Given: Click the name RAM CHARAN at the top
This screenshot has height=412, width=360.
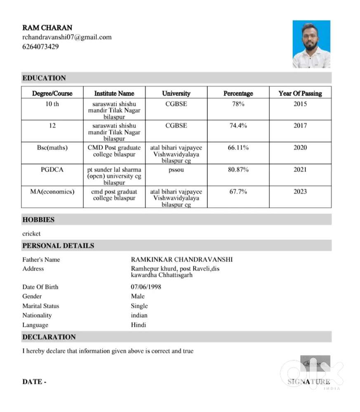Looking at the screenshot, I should coord(47,28).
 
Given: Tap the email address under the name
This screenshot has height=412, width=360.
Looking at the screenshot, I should coord(67,37).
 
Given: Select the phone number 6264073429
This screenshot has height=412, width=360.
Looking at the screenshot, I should coord(40,47).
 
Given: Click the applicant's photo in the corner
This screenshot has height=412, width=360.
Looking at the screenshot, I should coord(311,44).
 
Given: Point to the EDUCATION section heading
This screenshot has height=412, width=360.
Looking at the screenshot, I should coord(44,78).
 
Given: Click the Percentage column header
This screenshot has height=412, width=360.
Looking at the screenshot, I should coord(238,94).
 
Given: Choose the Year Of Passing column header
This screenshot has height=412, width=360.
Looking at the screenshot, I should coord(300,94).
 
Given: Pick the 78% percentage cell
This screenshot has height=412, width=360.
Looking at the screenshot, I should coord(238,104).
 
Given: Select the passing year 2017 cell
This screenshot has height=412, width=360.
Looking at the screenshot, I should coord(300,126).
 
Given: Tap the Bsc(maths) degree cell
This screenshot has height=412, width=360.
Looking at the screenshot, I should coord(52,147).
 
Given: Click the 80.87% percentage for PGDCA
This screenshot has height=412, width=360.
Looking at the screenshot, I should coord(238,169).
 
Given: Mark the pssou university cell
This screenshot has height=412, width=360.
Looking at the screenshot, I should coord(176,169).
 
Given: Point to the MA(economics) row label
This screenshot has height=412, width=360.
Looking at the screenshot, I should coord(52,192).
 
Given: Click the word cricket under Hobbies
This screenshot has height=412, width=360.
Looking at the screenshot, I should coord(31,234).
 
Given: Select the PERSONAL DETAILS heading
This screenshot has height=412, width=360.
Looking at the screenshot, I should coord(58,246).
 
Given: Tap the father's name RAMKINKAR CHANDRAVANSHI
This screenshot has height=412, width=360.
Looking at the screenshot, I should coord(181,260).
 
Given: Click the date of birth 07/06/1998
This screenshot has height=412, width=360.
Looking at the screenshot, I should coord(146,287).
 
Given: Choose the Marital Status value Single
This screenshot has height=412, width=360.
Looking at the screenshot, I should coord(139,306).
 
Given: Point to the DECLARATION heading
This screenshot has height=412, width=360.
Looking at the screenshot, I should coord(49,337).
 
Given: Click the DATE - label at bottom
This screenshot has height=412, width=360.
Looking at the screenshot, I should coord(34,382).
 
